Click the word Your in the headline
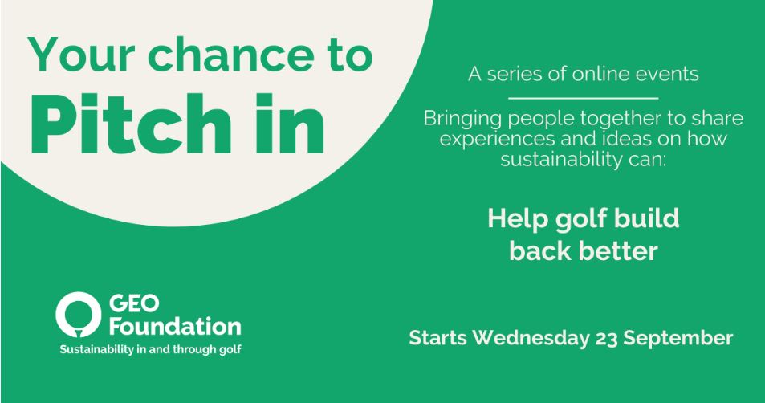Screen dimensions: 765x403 pos(81,54)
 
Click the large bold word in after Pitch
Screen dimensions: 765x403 pos(289,124)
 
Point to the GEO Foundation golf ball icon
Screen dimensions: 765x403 pos(78,315)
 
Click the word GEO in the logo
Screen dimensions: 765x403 pos(134,303)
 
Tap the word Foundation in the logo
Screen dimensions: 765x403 pos(175,326)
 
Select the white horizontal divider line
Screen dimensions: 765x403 pos(583,98)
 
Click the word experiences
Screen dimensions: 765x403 pos(498,140)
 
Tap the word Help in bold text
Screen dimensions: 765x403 pos(517,219)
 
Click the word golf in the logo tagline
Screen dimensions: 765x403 pos(230,350)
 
